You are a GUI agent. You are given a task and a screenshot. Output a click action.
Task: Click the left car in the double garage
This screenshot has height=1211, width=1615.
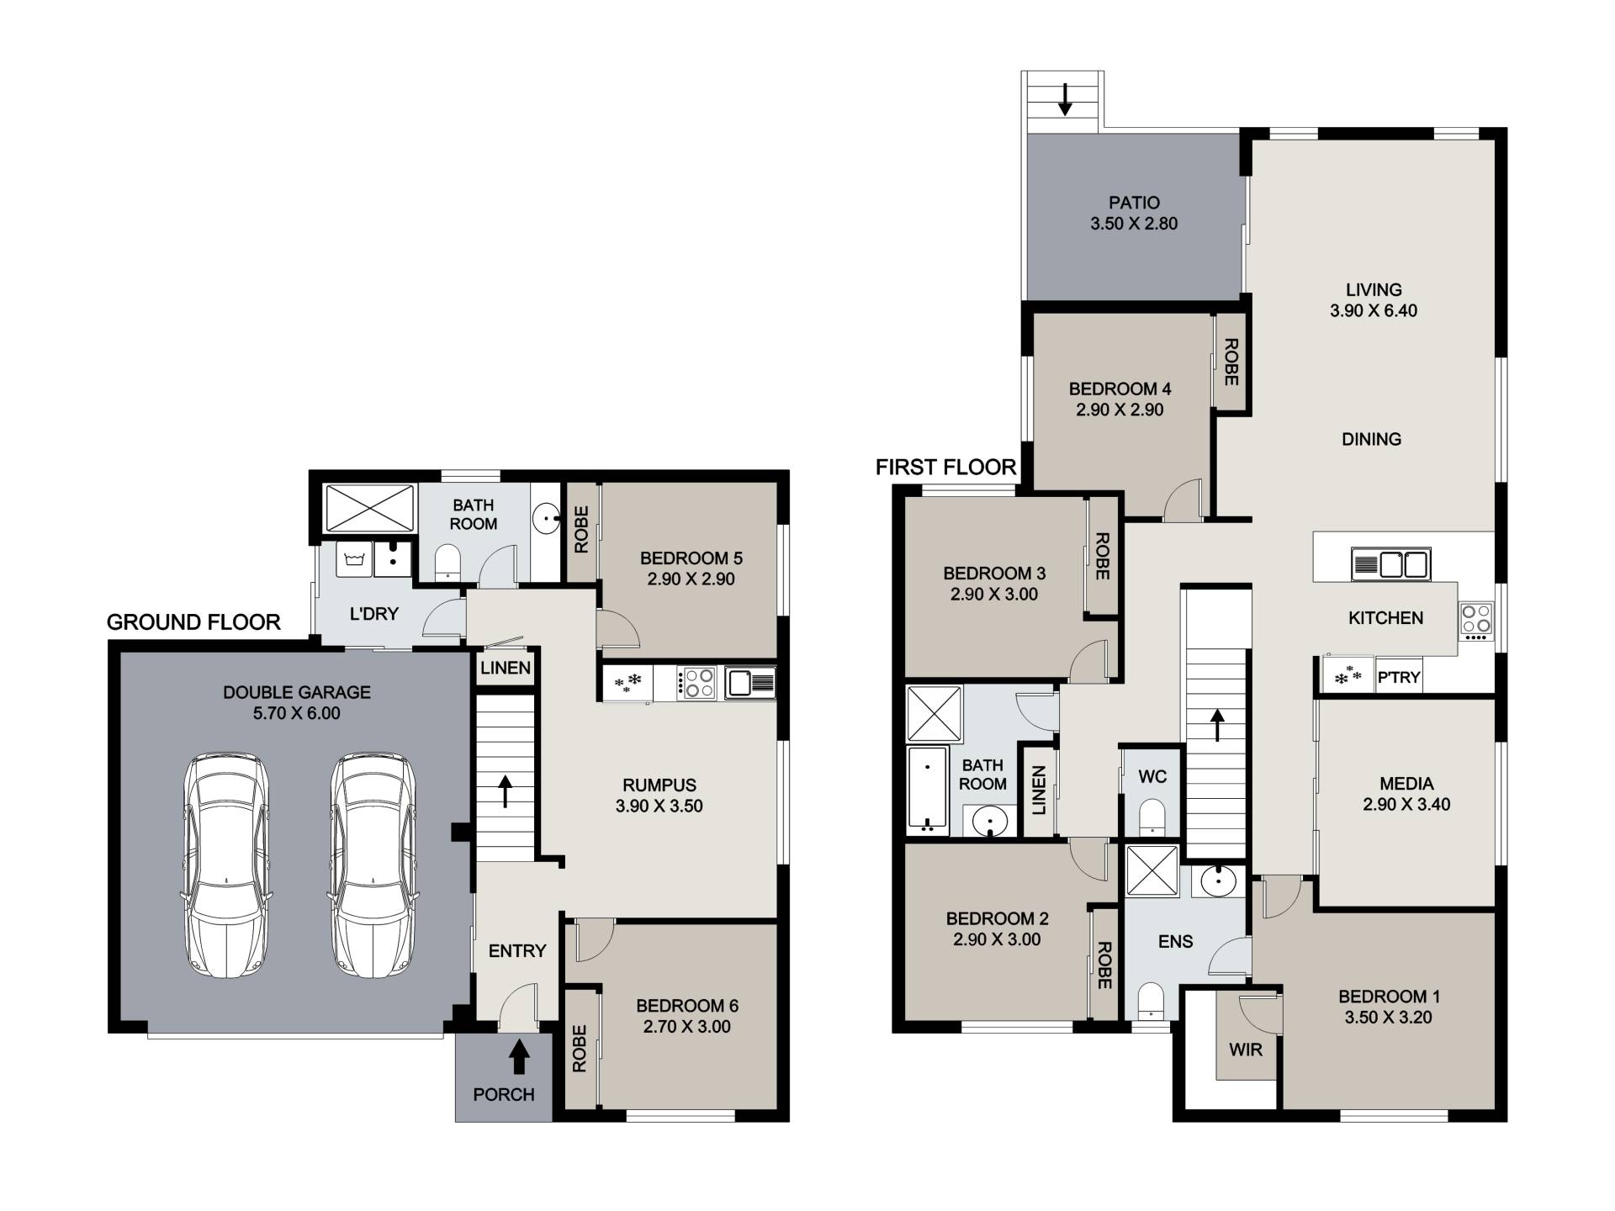226,865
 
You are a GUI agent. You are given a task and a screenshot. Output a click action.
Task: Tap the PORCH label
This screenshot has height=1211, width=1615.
504,1094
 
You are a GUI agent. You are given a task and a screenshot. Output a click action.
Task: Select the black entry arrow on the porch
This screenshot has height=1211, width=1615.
519,1056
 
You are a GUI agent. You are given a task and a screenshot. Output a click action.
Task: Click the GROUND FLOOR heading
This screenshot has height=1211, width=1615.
193,622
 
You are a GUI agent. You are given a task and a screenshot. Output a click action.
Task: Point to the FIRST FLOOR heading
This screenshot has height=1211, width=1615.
946,468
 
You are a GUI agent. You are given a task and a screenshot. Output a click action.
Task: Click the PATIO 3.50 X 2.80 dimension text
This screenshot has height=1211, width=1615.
1134,224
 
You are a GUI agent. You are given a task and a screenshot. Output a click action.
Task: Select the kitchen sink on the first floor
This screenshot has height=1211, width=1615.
1390,564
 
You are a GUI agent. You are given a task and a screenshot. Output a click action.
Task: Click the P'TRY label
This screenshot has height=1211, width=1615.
1399,677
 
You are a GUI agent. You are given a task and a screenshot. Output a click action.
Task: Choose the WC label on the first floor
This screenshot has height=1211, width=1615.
1152,776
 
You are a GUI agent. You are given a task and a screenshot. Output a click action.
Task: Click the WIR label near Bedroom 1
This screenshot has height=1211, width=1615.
1245,1050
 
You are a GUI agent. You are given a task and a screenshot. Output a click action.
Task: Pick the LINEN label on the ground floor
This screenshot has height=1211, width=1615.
506,668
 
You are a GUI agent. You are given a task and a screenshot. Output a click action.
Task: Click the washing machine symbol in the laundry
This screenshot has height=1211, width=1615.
352,559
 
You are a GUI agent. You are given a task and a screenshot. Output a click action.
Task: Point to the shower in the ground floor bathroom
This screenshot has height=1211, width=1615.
369,508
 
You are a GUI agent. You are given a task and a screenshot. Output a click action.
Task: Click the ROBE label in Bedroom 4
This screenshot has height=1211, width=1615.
1231,362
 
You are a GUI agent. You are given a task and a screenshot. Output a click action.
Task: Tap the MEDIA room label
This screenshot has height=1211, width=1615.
1407,784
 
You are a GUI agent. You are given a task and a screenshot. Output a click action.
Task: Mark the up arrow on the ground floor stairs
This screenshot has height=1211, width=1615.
506,791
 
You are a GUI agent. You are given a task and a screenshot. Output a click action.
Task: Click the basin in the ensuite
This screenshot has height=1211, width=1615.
1218,881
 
